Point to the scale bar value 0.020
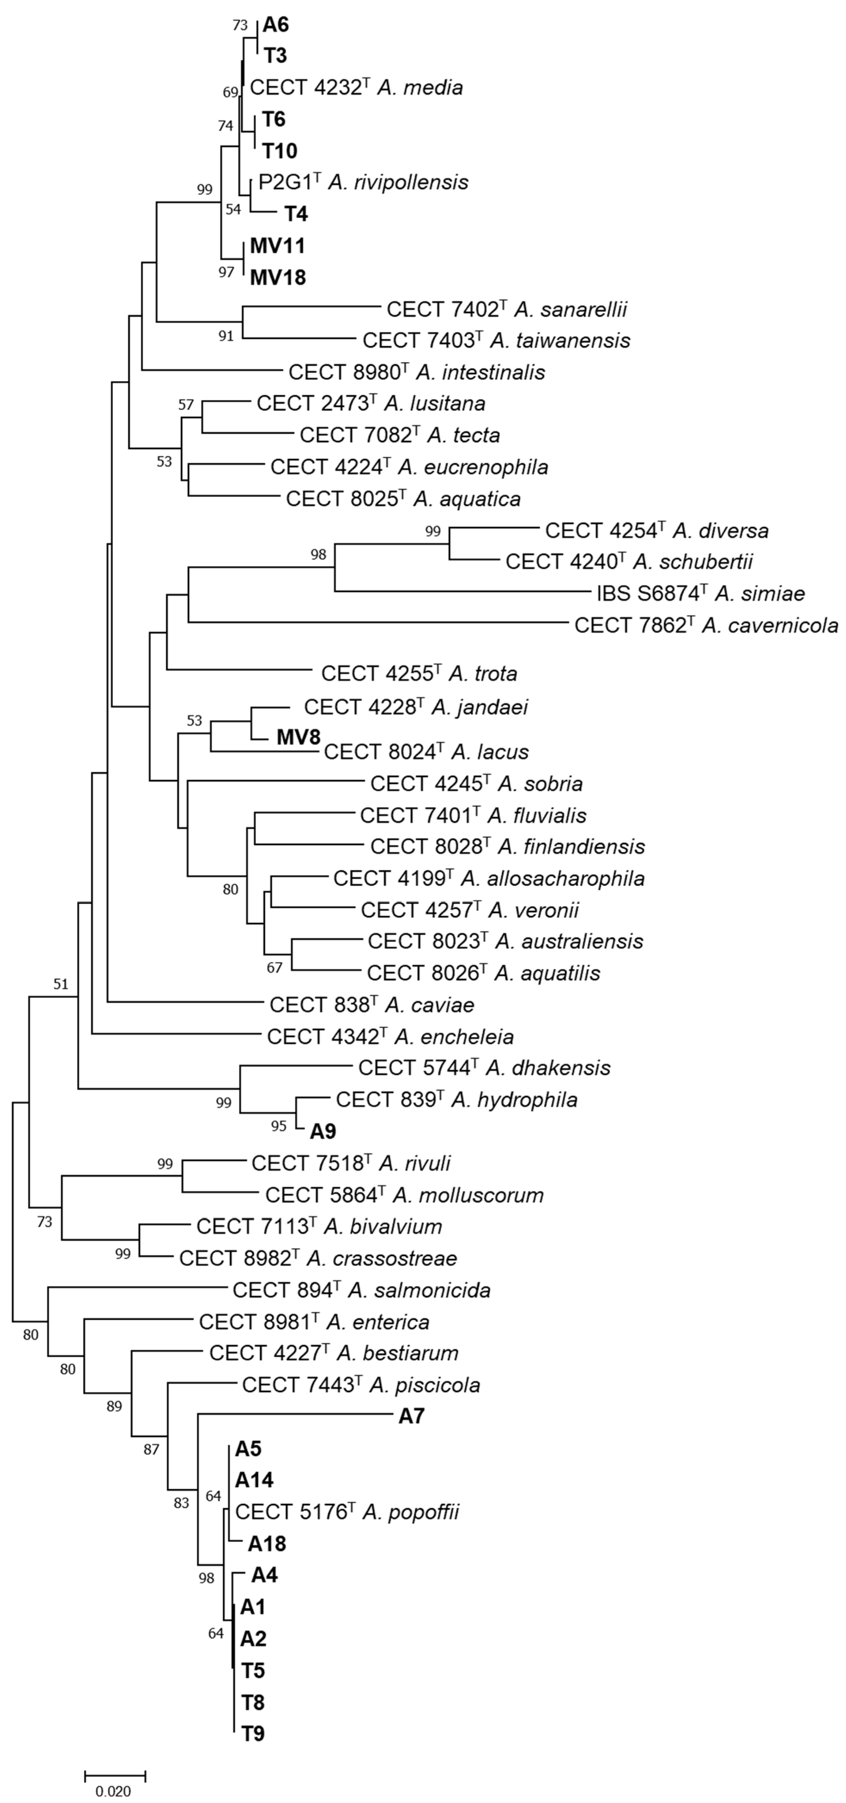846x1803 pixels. coord(113,1791)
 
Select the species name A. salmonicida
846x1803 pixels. coord(419,1289)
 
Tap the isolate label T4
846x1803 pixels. coord(295,214)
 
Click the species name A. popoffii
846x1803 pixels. coord(411,1512)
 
